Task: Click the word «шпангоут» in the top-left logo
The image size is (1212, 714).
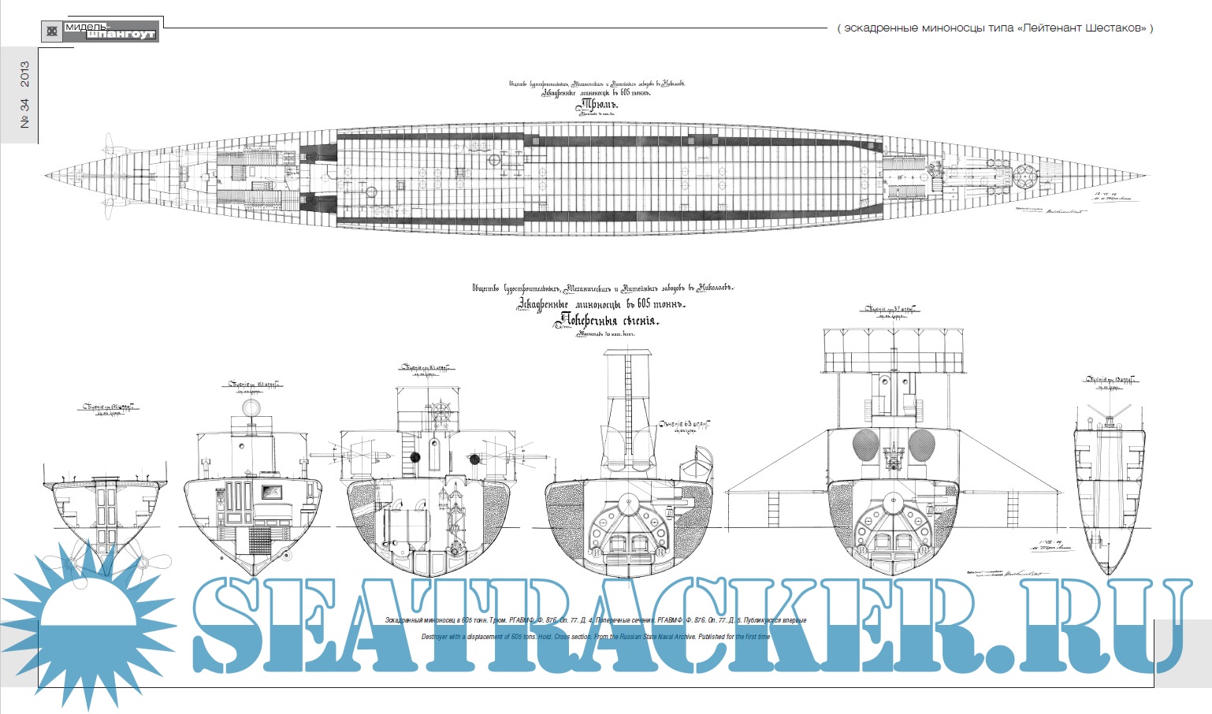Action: click(x=120, y=34)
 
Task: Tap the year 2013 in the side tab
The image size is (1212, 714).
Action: click(x=25, y=75)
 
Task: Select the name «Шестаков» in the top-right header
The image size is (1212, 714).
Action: click(x=1113, y=28)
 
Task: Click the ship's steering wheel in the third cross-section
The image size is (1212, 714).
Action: click(x=443, y=414)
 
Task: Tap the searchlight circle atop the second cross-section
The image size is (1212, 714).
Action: click(x=251, y=407)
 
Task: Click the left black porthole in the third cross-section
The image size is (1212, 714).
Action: click(x=415, y=457)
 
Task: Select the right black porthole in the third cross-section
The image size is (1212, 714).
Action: click(x=474, y=458)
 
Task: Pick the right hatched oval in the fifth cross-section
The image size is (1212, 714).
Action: click(x=921, y=445)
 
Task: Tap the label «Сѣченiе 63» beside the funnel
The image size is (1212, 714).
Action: click(x=684, y=426)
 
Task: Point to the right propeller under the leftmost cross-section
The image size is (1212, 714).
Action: click(x=151, y=563)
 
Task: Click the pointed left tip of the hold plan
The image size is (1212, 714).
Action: click(x=47, y=175)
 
